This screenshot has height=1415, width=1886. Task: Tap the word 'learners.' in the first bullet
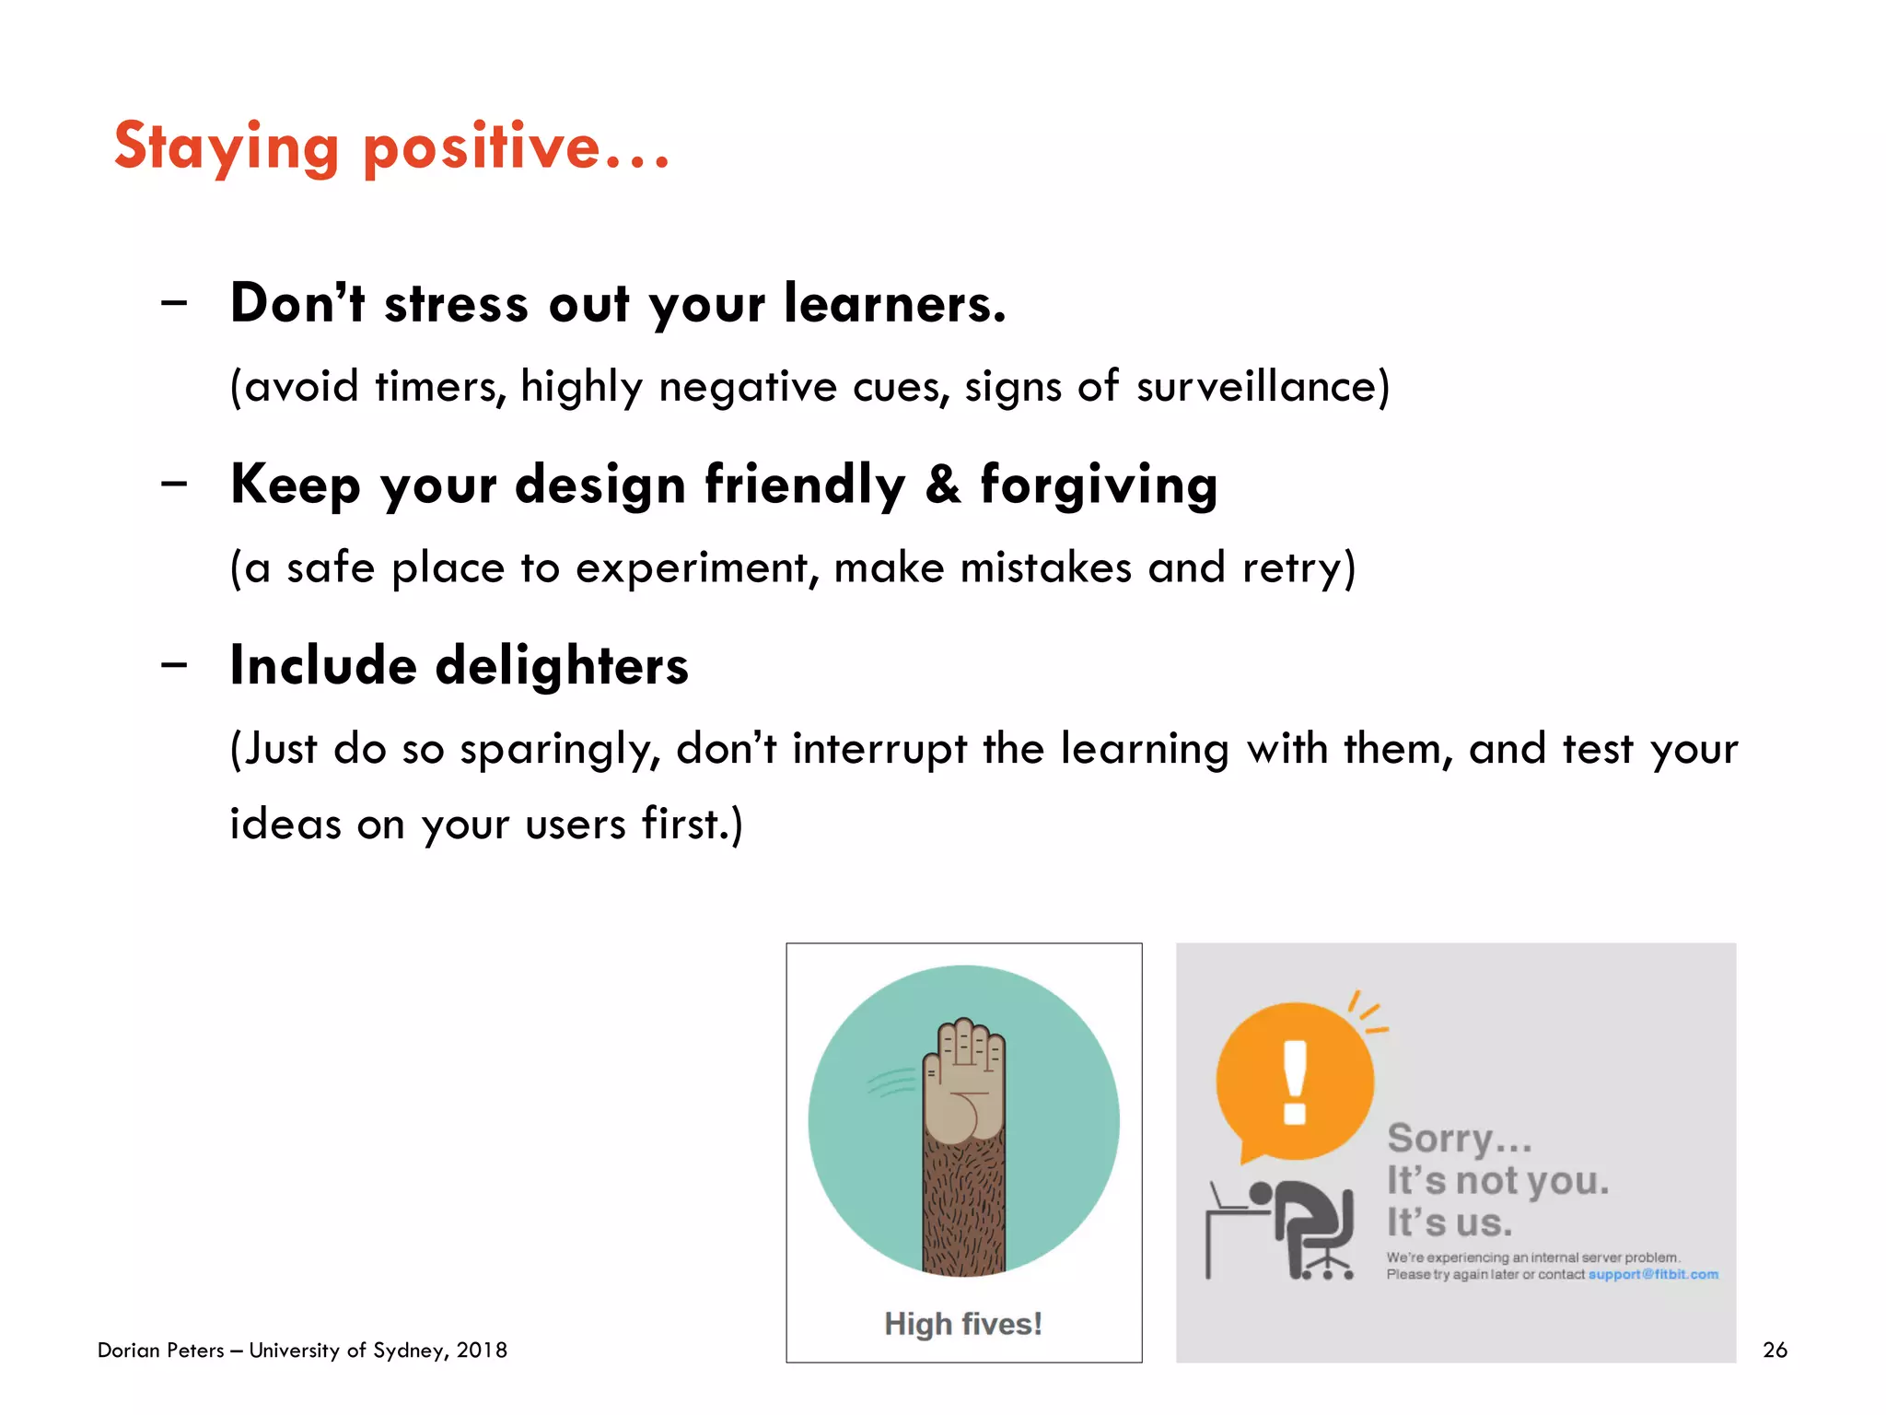tap(894, 304)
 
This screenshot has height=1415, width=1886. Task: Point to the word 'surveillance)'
tap(1263, 386)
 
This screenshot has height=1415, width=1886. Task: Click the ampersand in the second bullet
tap(942, 485)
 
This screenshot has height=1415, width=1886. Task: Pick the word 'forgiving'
tap(1099, 486)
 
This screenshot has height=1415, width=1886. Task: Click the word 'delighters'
tap(562, 666)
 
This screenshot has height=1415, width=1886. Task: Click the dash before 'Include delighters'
tap(173, 664)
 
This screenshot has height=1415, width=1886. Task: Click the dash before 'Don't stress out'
tap(173, 302)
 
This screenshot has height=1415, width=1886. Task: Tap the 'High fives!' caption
tap(963, 1324)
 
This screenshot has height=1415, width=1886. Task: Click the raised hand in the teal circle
tap(964, 1082)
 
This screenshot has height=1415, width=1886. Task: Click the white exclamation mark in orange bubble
tap(1295, 1082)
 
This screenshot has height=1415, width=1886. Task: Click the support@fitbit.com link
tap(1653, 1275)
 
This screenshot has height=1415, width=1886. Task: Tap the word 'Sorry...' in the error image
tap(1459, 1139)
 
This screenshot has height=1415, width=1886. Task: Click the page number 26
tap(1774, 1351)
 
